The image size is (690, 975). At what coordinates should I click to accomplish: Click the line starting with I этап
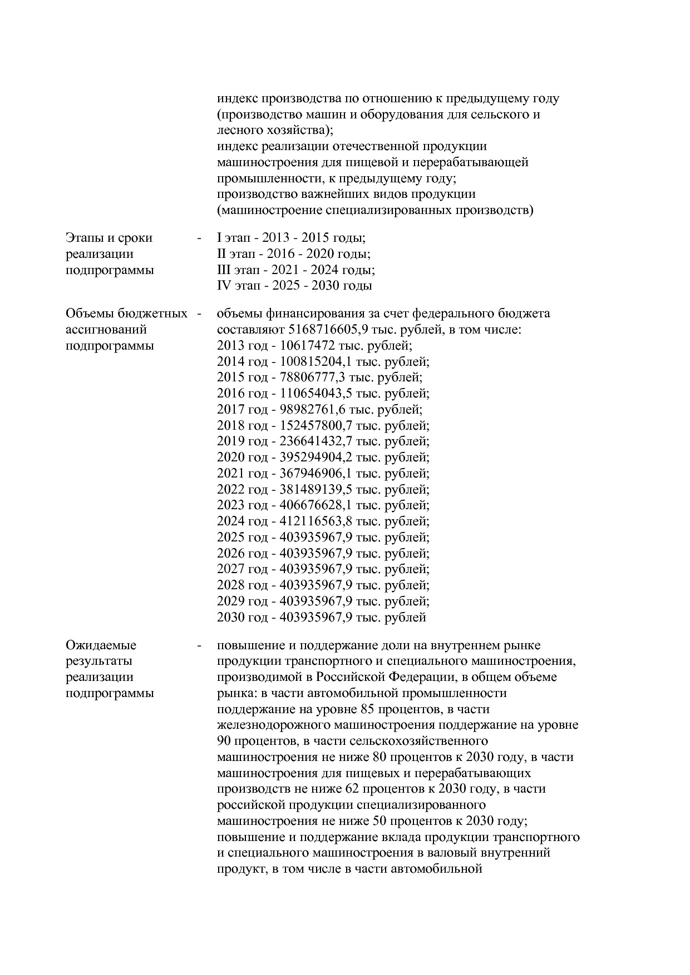pyautogui.click(x=290, y=238)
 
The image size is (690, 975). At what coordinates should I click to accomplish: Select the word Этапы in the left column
pyautogui.click(x=84, y=238)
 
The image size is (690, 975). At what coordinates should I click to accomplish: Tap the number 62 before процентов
pyautogui.click(x=358, y=789)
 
